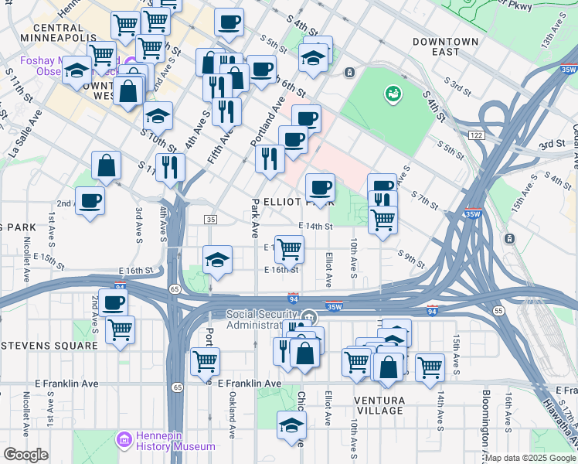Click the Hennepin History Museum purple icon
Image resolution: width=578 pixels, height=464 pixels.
pyautogui.click(x=123, y=440)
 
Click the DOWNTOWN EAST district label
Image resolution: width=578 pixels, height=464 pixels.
pyautogui.click(x=445, y=46)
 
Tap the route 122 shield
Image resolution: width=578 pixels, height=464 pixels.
pyautogui.click(x=475, y=135)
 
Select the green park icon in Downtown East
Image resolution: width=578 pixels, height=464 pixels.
pyautogui.click(x=393, y=94)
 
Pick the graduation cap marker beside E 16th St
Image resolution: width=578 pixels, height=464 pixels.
pyautogui.click(x=218, y=259)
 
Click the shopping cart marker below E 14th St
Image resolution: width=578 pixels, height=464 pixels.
pyautogui.click(x=289, y=250)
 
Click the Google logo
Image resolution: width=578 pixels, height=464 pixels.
pyautogui.click(x=25, y=455)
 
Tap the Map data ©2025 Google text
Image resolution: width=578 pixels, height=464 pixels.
pyautogui.click(x=530, y=458)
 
